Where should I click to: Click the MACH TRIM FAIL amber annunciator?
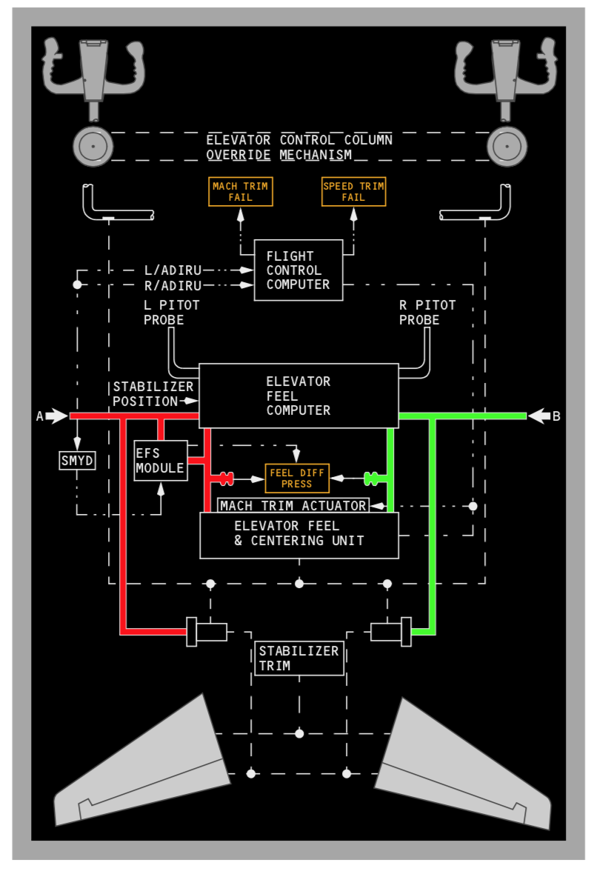pos(241,192)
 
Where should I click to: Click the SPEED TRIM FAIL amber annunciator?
pos(353,192)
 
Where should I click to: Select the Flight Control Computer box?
pos(298,270)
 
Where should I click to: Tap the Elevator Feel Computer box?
pos(298,396)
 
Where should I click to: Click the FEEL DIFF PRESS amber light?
pos(296,478)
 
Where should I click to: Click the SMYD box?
pos(77,461)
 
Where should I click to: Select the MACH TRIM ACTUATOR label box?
pos(293,505)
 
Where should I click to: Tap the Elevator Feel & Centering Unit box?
pos(299,534)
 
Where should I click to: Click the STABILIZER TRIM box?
pos(299,658)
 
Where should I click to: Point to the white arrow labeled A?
pos(56,416)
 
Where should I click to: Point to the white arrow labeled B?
pos(538,416)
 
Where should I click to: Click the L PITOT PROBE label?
pos(170,313)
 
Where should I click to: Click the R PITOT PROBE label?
pos(427,313)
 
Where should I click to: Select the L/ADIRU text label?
pos(173,270)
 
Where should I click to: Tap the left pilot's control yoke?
pos(93,70)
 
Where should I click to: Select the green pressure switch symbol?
pos(372,478)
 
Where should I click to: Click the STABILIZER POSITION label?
pos(153,394)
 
